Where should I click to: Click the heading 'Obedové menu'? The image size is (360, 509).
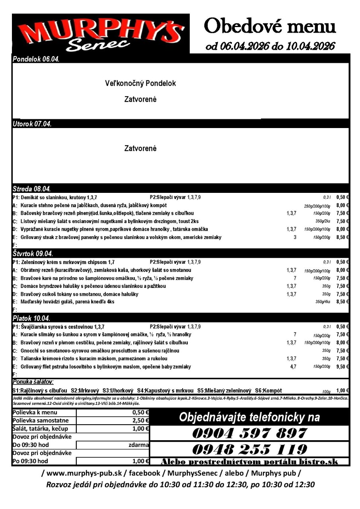[x=270, y=27]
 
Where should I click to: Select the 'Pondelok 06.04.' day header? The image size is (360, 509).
[x=36, y=60]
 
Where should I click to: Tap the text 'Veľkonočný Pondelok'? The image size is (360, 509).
[x=140, y=84]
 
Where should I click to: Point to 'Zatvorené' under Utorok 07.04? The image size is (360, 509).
[x=140, y=149]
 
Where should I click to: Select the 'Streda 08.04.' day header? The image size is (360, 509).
[x=32, y=188]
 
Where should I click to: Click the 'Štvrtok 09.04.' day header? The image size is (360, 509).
[x=33, y=253]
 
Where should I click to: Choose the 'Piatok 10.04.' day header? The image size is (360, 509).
[x=31, y=319]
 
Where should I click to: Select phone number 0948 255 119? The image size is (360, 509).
[x=250, y=449]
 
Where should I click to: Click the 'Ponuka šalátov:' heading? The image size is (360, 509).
[x=33, y=382]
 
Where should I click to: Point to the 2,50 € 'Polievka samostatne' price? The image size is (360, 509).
[x=140, y=420]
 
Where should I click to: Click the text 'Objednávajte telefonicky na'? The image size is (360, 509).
[x=249, y=417]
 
